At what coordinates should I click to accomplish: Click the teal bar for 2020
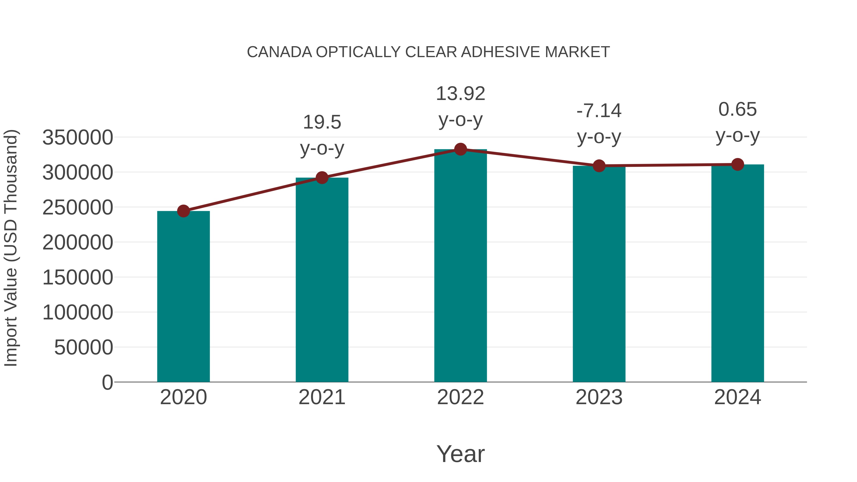183,296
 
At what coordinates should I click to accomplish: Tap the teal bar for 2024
737,273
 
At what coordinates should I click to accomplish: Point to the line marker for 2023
599,166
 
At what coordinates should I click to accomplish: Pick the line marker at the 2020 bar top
183,211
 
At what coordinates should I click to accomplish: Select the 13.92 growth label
460,94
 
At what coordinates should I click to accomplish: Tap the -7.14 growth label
599,111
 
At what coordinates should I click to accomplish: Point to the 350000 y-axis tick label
78,137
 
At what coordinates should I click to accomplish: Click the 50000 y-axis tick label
84,348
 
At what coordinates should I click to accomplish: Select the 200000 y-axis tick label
78,243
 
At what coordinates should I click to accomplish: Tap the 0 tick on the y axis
107,383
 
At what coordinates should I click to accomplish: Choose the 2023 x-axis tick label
599,398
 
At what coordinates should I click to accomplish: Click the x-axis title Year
460,454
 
